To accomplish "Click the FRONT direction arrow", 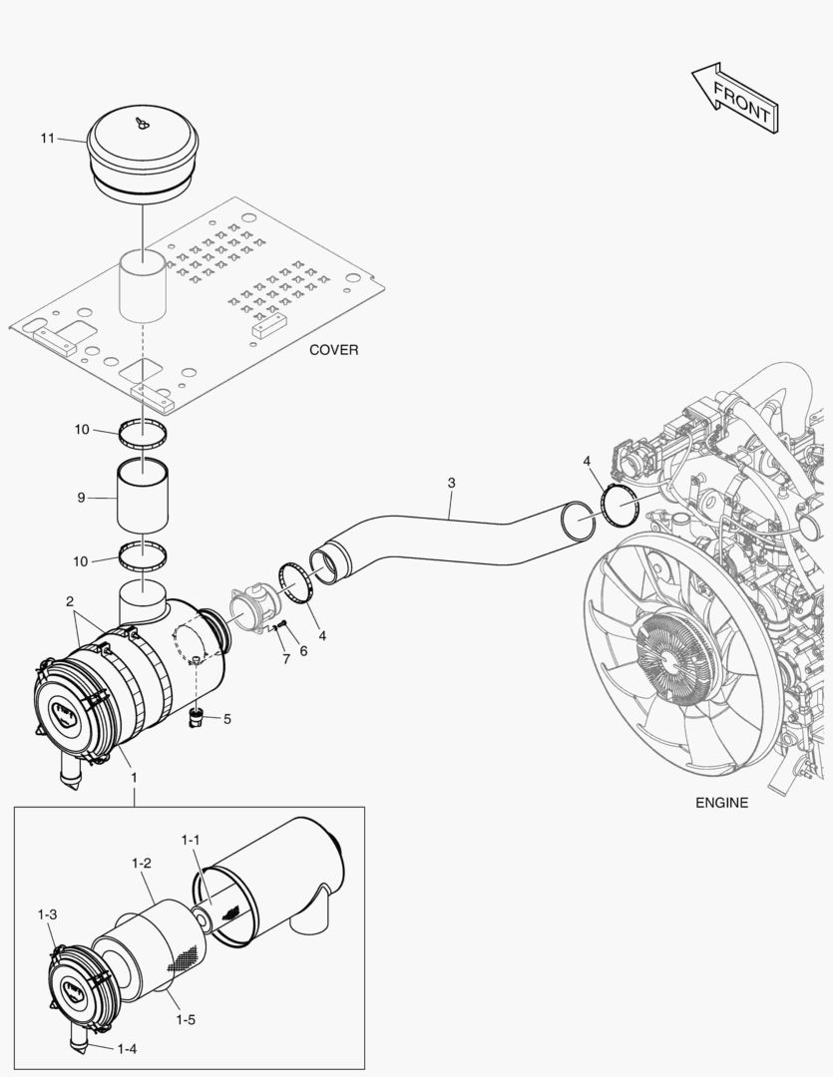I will [735, 99].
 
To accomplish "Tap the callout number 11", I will [47, 138].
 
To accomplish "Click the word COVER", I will [333, 350].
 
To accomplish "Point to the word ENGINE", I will [721, 802].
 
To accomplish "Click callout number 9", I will [81, 496].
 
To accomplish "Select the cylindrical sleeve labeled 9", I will [143, 497].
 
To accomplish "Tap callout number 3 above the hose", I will [451, 484].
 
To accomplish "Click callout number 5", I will [226, 718].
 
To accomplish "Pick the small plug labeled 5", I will [198, 716].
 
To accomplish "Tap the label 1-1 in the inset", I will [191, 841].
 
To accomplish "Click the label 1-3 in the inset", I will [47, 913].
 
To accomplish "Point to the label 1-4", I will [126, 1048].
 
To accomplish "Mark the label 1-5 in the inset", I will [185, 1019].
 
